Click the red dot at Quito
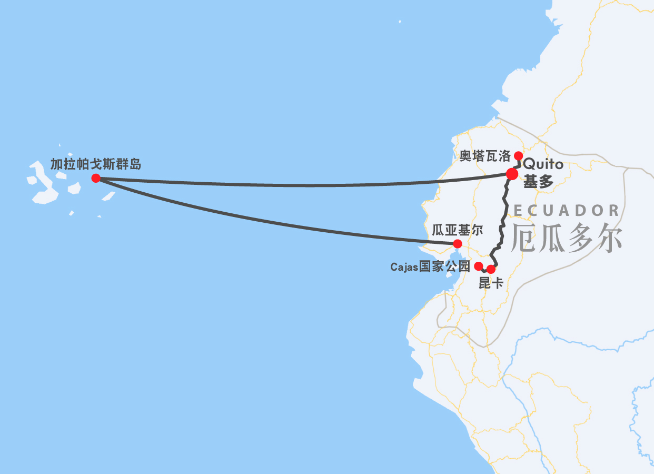click(512, 174)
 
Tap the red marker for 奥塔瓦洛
click(518, 155)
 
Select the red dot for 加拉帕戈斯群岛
click(96, 178)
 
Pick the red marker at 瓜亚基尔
click(458, 243)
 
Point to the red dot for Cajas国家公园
click(479, 266)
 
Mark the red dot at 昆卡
click(491, 269)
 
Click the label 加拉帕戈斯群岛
click(96, 164)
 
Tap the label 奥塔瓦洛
click(485, 156)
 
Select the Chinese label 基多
click(538, 182)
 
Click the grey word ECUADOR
click(567, 211)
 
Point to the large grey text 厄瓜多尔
click(567, 238)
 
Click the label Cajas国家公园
click(430, 267)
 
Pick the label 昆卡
click(491, 283)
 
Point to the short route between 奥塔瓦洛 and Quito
click(519, 164)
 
